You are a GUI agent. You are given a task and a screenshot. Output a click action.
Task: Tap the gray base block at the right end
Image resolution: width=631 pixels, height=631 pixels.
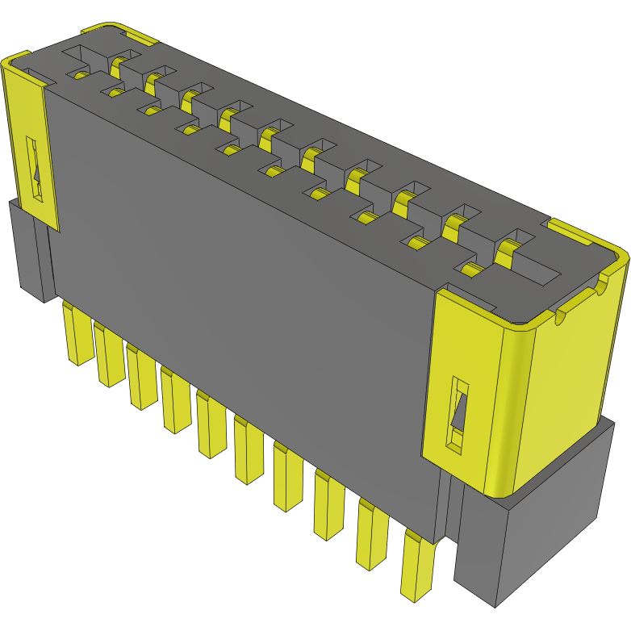[x=533, y=533]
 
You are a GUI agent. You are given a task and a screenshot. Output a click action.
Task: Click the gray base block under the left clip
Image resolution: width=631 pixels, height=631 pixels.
[x=28, y=250]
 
